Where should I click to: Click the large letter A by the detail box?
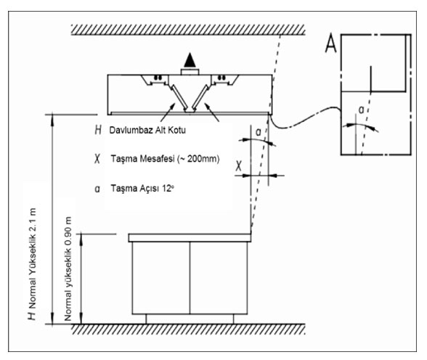[x=331, y=43]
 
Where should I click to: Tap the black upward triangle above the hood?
[x=190, y=60]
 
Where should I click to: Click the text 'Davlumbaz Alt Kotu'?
[x=147, y=130]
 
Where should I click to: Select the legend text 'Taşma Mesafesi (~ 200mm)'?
[x=165, y=159]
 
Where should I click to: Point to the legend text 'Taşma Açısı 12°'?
[x=142, y=188]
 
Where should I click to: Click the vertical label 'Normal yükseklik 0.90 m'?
[x=68, y=269]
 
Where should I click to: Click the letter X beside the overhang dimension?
[x=238, y=165]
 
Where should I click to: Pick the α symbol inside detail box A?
[x=361, y=110]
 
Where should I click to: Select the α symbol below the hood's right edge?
[x=259, y=132]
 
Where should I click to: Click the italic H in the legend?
[x=98, y=130]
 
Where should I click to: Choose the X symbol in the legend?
[x=97, y=159]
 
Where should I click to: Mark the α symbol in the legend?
[x=97, y=189]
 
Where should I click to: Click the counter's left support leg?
[x=146, y=319]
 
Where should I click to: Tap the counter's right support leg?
[x=233, y=319]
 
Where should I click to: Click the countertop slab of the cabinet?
[x=190, y=237]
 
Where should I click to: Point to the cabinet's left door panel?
[x=161, y=278]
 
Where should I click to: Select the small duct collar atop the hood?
[x=190, y=72]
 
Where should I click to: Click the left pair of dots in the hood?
[x=158, y=78]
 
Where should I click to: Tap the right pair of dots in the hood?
[x=222, y=78]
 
